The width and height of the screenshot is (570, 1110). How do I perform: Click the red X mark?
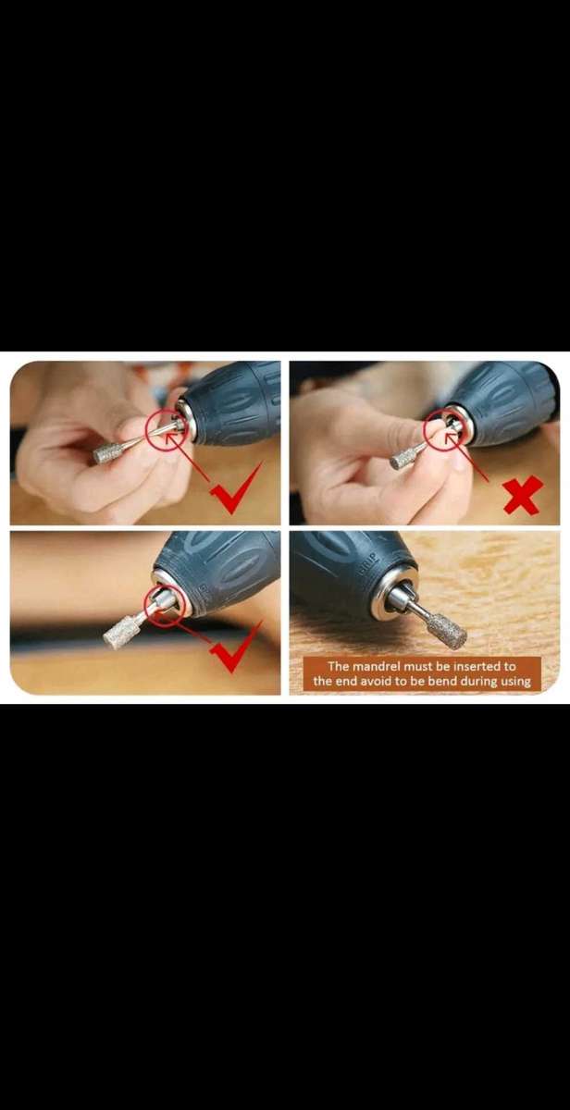pos(523,496)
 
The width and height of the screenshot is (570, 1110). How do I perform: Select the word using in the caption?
pos(516,682)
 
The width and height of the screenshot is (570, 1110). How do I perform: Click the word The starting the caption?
pos(339,667)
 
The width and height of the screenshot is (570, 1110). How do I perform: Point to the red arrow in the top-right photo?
pos(467,457)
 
